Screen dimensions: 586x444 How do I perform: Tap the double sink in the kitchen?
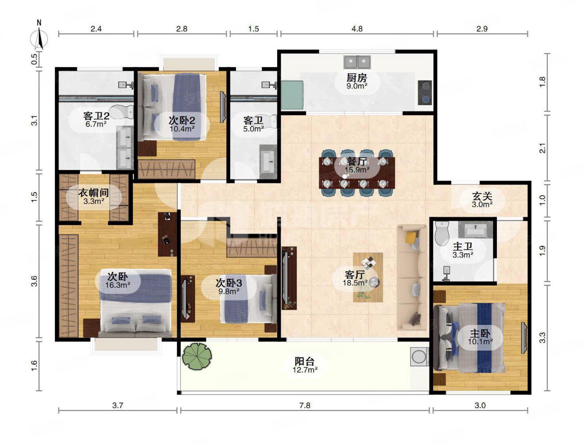[357, 62]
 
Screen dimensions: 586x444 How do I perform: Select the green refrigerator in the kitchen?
[293, 95]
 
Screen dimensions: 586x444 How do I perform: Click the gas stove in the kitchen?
[425, 92]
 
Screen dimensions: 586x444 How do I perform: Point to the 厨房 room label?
[357, 78]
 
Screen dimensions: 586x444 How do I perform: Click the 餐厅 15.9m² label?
[357, 165]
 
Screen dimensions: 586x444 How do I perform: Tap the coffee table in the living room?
[368, 277]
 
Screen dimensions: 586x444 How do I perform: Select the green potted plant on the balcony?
[197, 356]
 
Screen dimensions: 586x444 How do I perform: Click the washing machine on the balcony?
[419, 357]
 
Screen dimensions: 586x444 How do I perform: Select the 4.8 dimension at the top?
[357, 28]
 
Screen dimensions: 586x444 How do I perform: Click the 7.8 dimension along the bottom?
[305, 405]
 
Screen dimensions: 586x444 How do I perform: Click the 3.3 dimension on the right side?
[542, 337]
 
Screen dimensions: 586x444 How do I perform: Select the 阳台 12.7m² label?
[305, 365]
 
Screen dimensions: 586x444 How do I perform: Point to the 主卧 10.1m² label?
[480, 337]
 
